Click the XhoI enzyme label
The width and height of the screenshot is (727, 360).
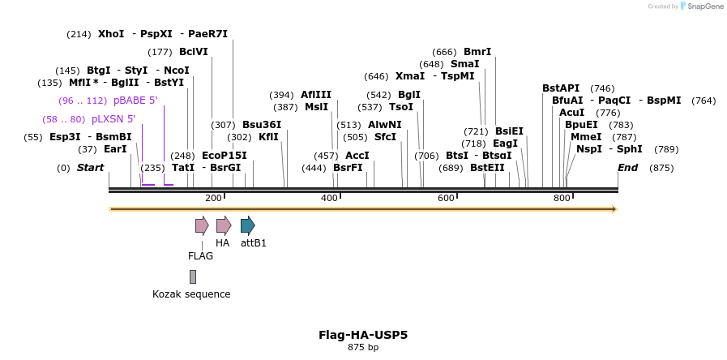(111, 34)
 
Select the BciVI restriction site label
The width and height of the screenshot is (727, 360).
(194, 52)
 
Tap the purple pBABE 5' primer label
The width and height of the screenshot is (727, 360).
(135, 101)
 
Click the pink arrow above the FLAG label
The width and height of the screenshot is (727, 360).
(202, 225)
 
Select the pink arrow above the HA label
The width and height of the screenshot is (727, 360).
(224, 225)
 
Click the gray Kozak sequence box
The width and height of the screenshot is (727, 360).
(193, 276)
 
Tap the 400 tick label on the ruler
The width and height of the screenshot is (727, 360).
(329, 199)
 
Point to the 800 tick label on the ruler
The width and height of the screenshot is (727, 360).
(562, 199)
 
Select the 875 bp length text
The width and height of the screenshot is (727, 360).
(363, 348)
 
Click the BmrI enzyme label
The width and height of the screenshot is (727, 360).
(477, 52)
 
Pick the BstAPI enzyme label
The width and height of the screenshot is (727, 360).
(561, 88)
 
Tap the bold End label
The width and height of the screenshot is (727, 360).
(627, 168)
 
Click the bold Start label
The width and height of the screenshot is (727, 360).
(90, 168)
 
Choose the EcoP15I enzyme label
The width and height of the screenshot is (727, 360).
(224, 156)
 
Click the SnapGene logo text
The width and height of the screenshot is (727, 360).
(701, 6)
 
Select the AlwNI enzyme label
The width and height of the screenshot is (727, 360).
(384, 125)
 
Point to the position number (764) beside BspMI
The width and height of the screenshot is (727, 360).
(703, 101)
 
